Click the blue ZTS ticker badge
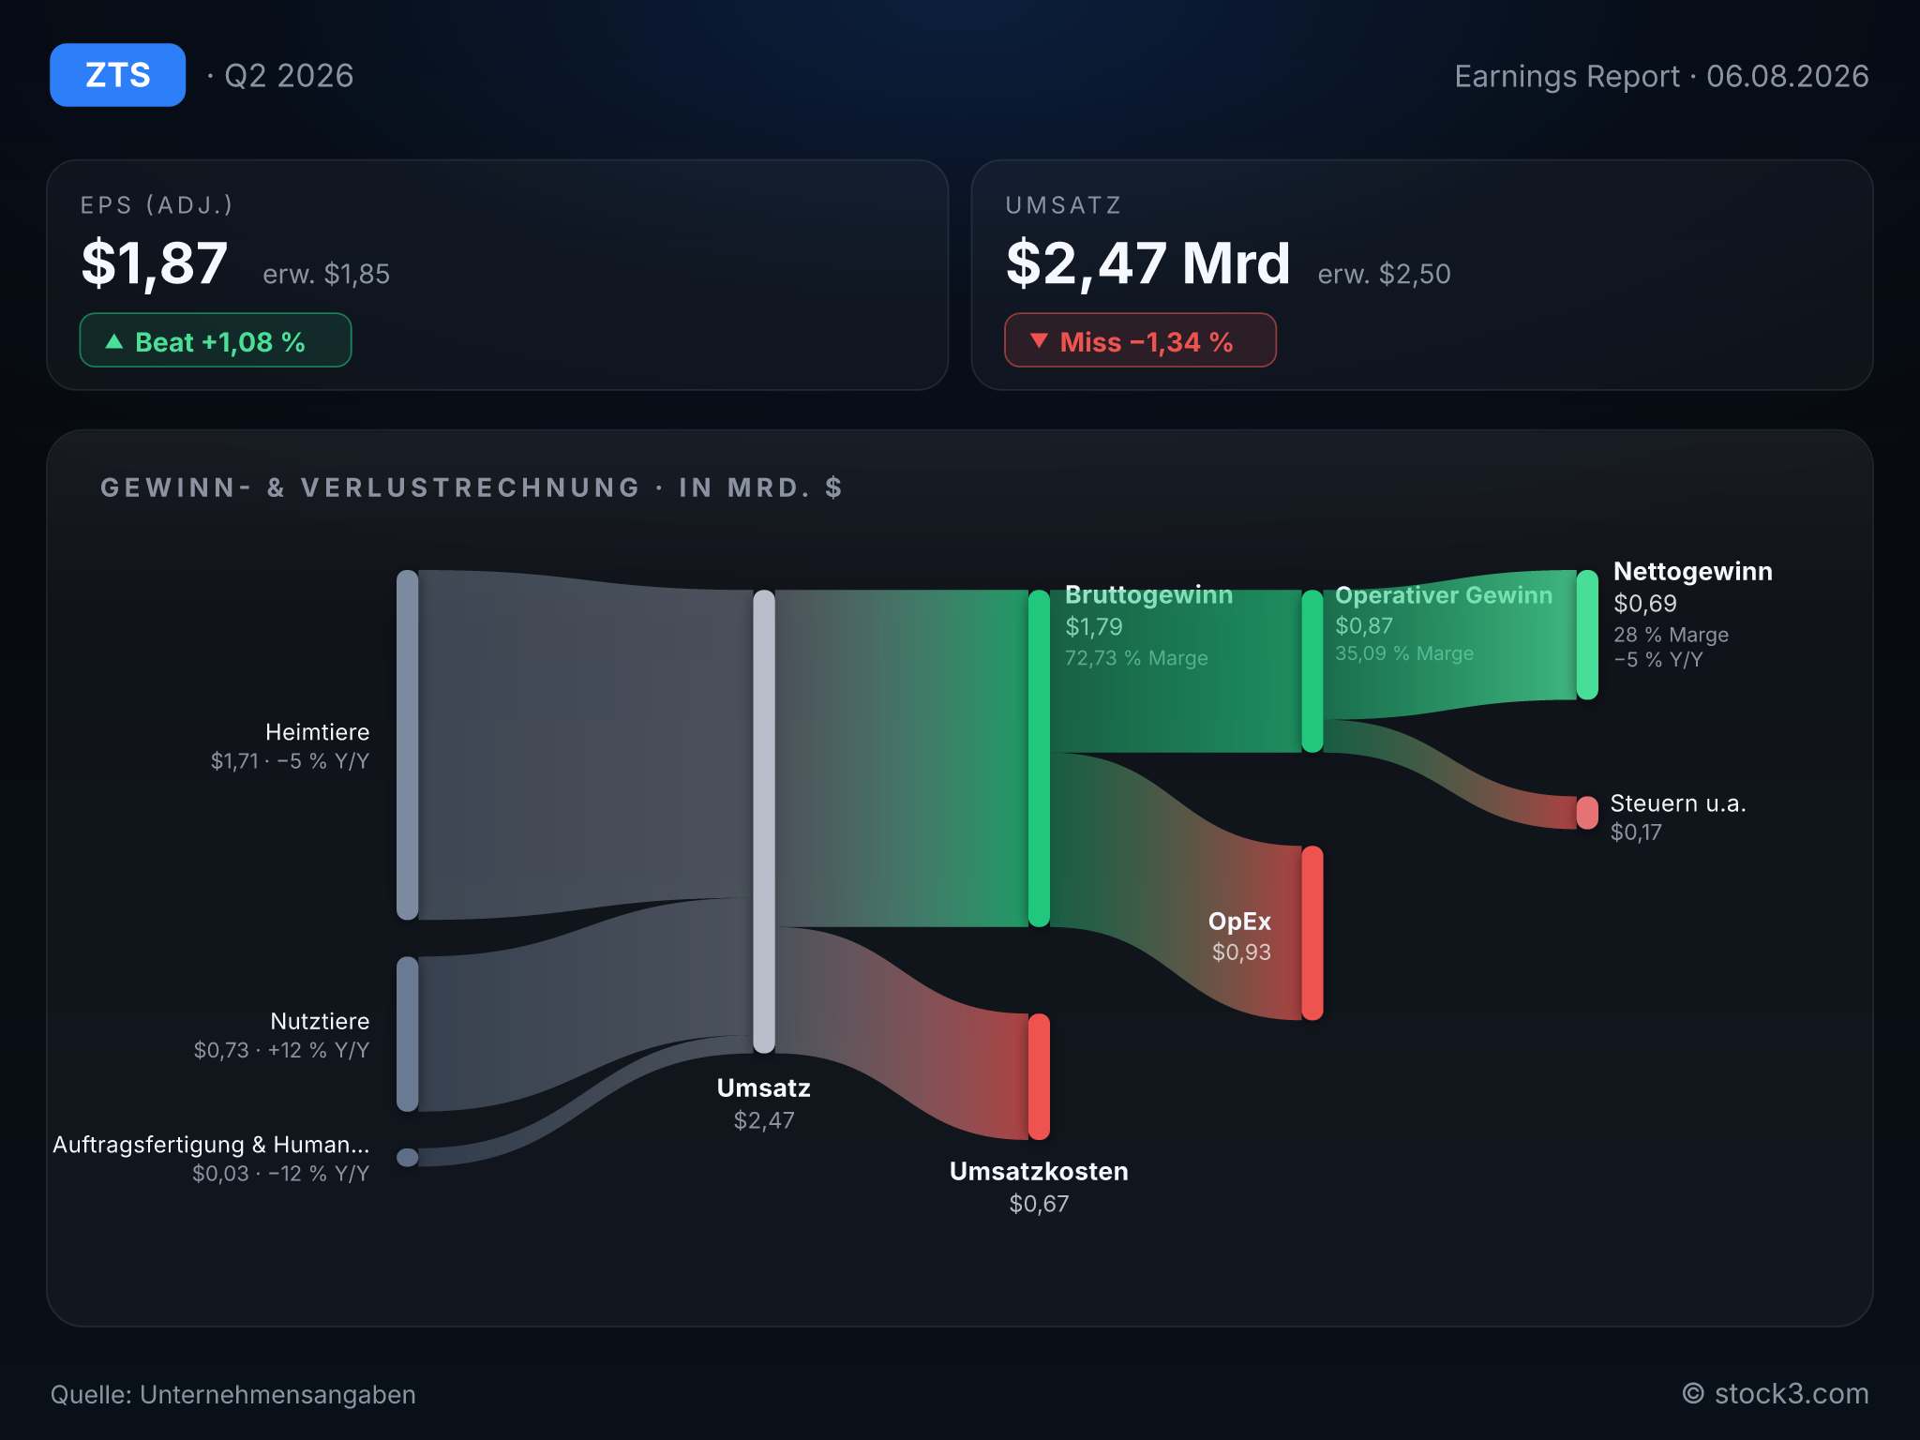click(117, 75)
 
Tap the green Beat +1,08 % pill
click(216, 340)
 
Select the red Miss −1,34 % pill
click(1140, 340)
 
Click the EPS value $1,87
click(155, 263)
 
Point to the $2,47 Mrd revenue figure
click(1148, 263)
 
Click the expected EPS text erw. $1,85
click(326, 274)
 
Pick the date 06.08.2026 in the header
click(1787, 76)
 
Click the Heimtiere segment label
click(317, 732)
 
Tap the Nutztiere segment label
click(320, 1021)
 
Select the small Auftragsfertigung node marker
click(407, 1158)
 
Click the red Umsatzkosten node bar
click(1039, 1076)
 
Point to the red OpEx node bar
click(1312, 933)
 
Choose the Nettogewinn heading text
click(1693, 572)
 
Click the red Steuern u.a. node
click(1587, 813)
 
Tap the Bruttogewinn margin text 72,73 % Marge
click(1136, 658)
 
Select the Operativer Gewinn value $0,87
click(1364, 625)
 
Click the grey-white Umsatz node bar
click(764, 821)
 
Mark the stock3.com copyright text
click(1776, 1394)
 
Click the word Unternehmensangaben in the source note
click(277, 1395)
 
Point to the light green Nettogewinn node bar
click(1587, 635)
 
